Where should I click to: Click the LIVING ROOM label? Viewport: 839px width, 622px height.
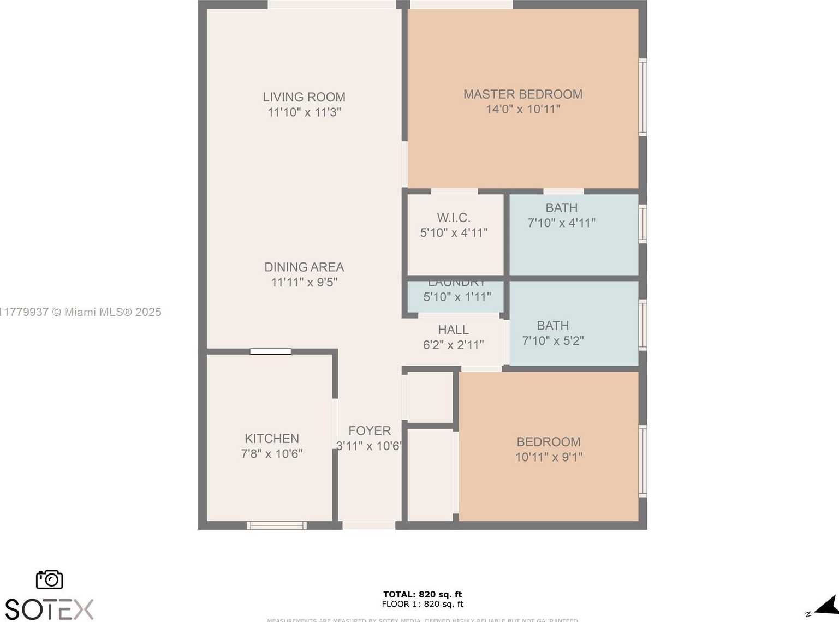pyautogui.click(x=304, y=97)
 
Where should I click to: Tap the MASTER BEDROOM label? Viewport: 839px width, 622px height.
pyautogui.click(x=523, y=94)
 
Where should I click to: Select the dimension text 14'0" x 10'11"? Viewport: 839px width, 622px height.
pyautogui.click(x=523, y=110)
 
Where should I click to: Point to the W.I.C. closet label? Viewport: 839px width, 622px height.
pyautogui.click(x=454, y=218)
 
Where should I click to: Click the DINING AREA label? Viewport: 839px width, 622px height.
pyautogui.click(x=304, y=267)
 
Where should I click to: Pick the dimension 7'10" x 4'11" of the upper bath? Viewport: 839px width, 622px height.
pyautogui.click(x=561, y=223)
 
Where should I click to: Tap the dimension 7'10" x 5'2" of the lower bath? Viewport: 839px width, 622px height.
pyautogui.click(x=553, y=341)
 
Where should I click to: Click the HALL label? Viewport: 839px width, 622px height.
pyautogui.click(x=453, y=330)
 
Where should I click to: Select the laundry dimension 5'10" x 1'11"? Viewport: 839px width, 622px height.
pyautogui.click(x=457, y=297)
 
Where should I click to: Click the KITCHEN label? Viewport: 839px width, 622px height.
pyautogui.click(x=272, y=439)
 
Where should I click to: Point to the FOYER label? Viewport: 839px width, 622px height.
pyautogui.click(x=370, y=431)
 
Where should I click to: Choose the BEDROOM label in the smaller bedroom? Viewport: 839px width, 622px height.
pyautogui.click(x=549, y=442)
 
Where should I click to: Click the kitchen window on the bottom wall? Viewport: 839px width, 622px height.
pyautogui.click(x=276, y=525)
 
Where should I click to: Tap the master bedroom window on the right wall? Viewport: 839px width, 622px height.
pyautogui.click(x=643, y=97)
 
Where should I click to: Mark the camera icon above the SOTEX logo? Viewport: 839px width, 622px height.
pyautogui.click(x=50, y=579)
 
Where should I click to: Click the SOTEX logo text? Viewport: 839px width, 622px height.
pyautogui.click(x=49, y=609)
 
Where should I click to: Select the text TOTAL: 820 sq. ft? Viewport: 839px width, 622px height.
pyautogui.click(x=423, y=594)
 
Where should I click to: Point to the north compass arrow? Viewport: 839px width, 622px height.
pyautogui.click(x=827, y=606)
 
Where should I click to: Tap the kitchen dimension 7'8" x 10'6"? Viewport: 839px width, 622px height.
pyautogui.click(x=272, y=454)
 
